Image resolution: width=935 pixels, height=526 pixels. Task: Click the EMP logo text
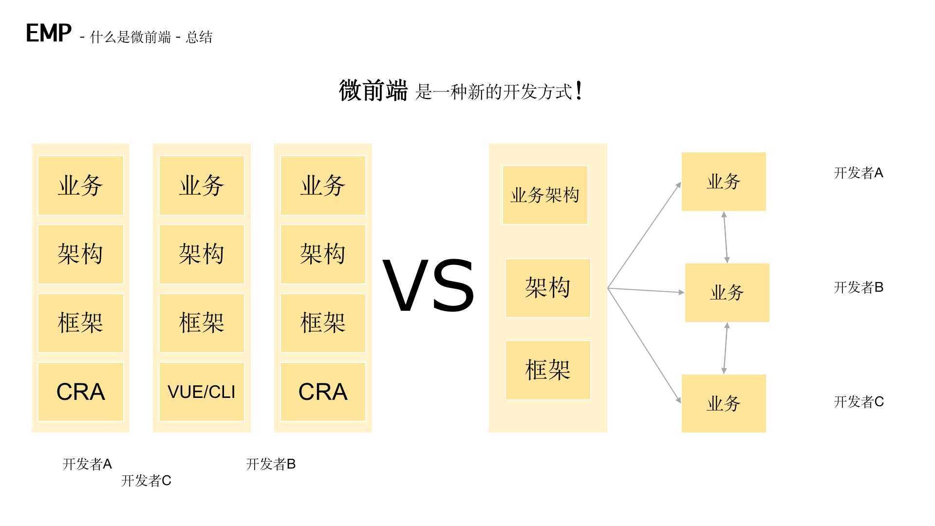pos(48,33)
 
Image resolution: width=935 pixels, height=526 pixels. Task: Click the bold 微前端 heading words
pos(373,91)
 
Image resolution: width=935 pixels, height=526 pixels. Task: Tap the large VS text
pos(428,286)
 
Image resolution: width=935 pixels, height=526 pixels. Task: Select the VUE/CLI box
pos(202,392)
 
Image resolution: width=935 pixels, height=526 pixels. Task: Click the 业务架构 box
pos(545,195)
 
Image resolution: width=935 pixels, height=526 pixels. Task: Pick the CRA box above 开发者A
pos(81,392)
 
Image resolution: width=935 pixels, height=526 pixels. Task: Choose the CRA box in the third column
pos(323,392)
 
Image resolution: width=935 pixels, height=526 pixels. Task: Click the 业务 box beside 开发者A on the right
pos(724,182)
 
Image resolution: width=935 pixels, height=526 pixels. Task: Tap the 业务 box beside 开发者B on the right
pos(727,292)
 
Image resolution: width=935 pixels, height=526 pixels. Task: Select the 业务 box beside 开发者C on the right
pos(724,403)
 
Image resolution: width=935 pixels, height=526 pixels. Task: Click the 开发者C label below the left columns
pos(146,481)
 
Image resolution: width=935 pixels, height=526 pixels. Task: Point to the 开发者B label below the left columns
pos(271,464)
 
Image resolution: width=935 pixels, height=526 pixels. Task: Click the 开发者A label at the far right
pos(859,173)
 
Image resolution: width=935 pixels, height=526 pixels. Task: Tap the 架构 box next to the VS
pos(548,288)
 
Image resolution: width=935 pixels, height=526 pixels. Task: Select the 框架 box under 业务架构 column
pos(548,370)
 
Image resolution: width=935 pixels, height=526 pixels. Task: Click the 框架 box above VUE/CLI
pos(202,323)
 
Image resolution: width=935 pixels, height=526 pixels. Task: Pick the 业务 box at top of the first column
pos(81,186)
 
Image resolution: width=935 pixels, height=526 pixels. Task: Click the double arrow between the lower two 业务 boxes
pos(726,348)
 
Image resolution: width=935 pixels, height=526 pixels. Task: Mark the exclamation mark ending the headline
pos(579,91)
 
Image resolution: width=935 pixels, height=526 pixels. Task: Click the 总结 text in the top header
pos(199,37)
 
